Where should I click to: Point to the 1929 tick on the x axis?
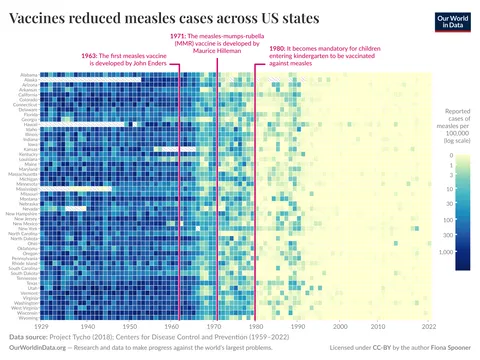point(42,326)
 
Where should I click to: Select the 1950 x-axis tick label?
point(131,326)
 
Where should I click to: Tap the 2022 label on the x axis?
point(429,326)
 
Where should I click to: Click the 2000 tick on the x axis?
point(340,326)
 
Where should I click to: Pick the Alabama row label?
point(30,74)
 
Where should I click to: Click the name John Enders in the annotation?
point(155,62)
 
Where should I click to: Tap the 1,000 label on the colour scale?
point(447,252)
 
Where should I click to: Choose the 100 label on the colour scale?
point(449,220)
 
